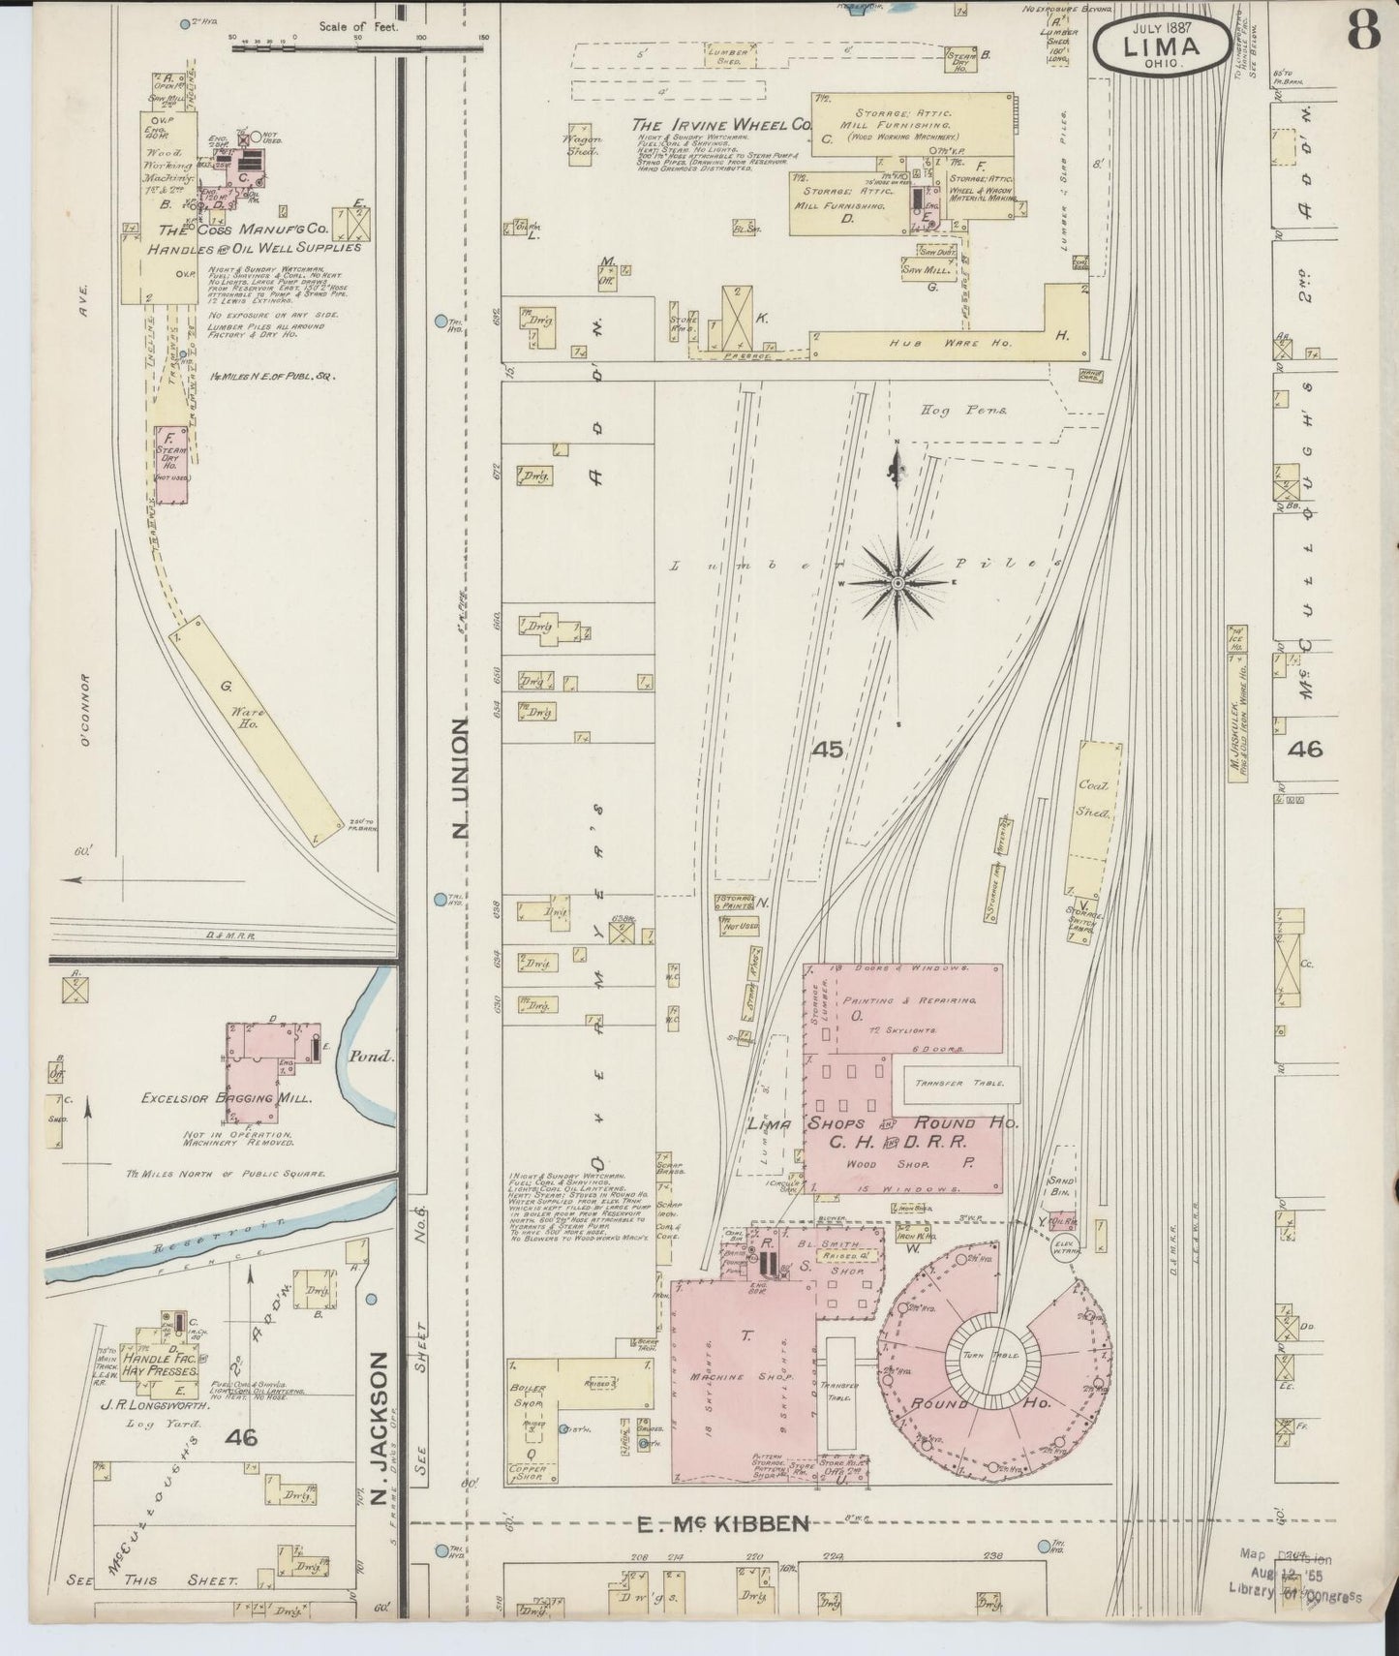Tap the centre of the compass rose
tap(897, 582)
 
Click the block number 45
tap(828, 749)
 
